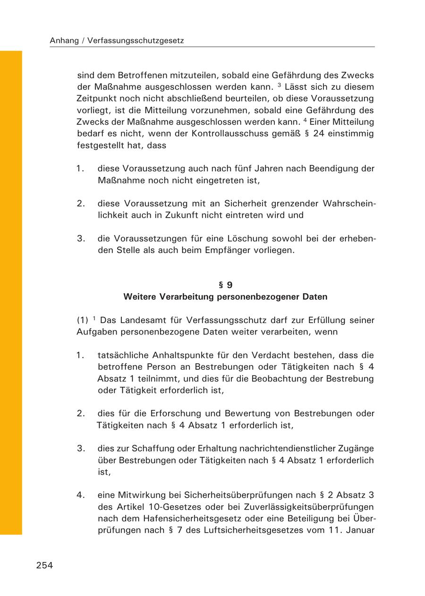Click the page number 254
tap(44, 565)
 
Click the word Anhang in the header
tap(63, 41)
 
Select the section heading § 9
tap(225, 285)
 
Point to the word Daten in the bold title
tap(315, 297)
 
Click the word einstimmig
tap(352, 134)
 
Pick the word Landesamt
tap(140, 320)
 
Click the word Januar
tap(360, 530)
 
